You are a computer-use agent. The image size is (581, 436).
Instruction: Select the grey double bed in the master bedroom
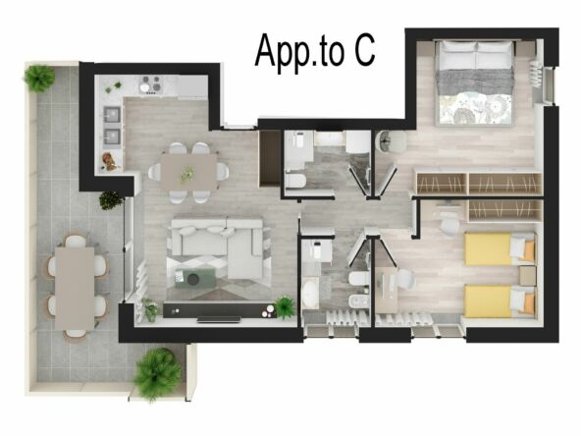474,82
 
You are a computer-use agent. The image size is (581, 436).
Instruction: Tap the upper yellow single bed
499,249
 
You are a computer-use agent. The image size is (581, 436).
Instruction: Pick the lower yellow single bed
499,300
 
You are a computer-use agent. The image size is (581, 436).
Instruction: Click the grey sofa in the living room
217,241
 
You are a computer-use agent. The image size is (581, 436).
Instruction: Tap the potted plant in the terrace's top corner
38,78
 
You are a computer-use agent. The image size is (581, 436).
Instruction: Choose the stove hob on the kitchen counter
154,84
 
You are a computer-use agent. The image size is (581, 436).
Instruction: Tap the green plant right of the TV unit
285,307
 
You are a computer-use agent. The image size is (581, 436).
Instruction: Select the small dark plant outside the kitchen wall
112,200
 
